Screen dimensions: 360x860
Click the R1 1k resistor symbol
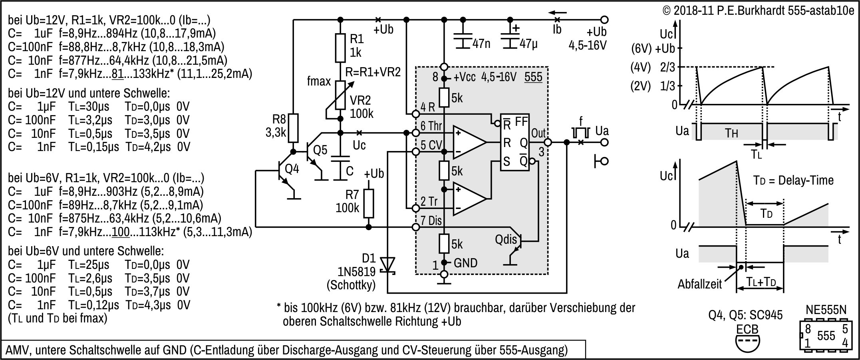[x=340, y=48]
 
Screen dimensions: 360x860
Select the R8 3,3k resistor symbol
[x=294, y=129]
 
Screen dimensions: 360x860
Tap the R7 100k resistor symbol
[x=369, y=203]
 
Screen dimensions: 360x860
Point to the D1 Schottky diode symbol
[x=388, y=265]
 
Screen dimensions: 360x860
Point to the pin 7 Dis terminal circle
[x=416, y=227]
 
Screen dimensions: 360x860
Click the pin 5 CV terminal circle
[x=416, y=152]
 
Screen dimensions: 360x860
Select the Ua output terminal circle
[x=605, y=142]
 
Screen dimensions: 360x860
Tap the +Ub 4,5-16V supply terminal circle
[x=605, y=19]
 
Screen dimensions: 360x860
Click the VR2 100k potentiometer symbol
[x=340, y=95]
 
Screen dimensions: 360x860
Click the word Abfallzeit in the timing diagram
[x=699, y=284]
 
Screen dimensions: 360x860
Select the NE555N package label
[x=826, y=310]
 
